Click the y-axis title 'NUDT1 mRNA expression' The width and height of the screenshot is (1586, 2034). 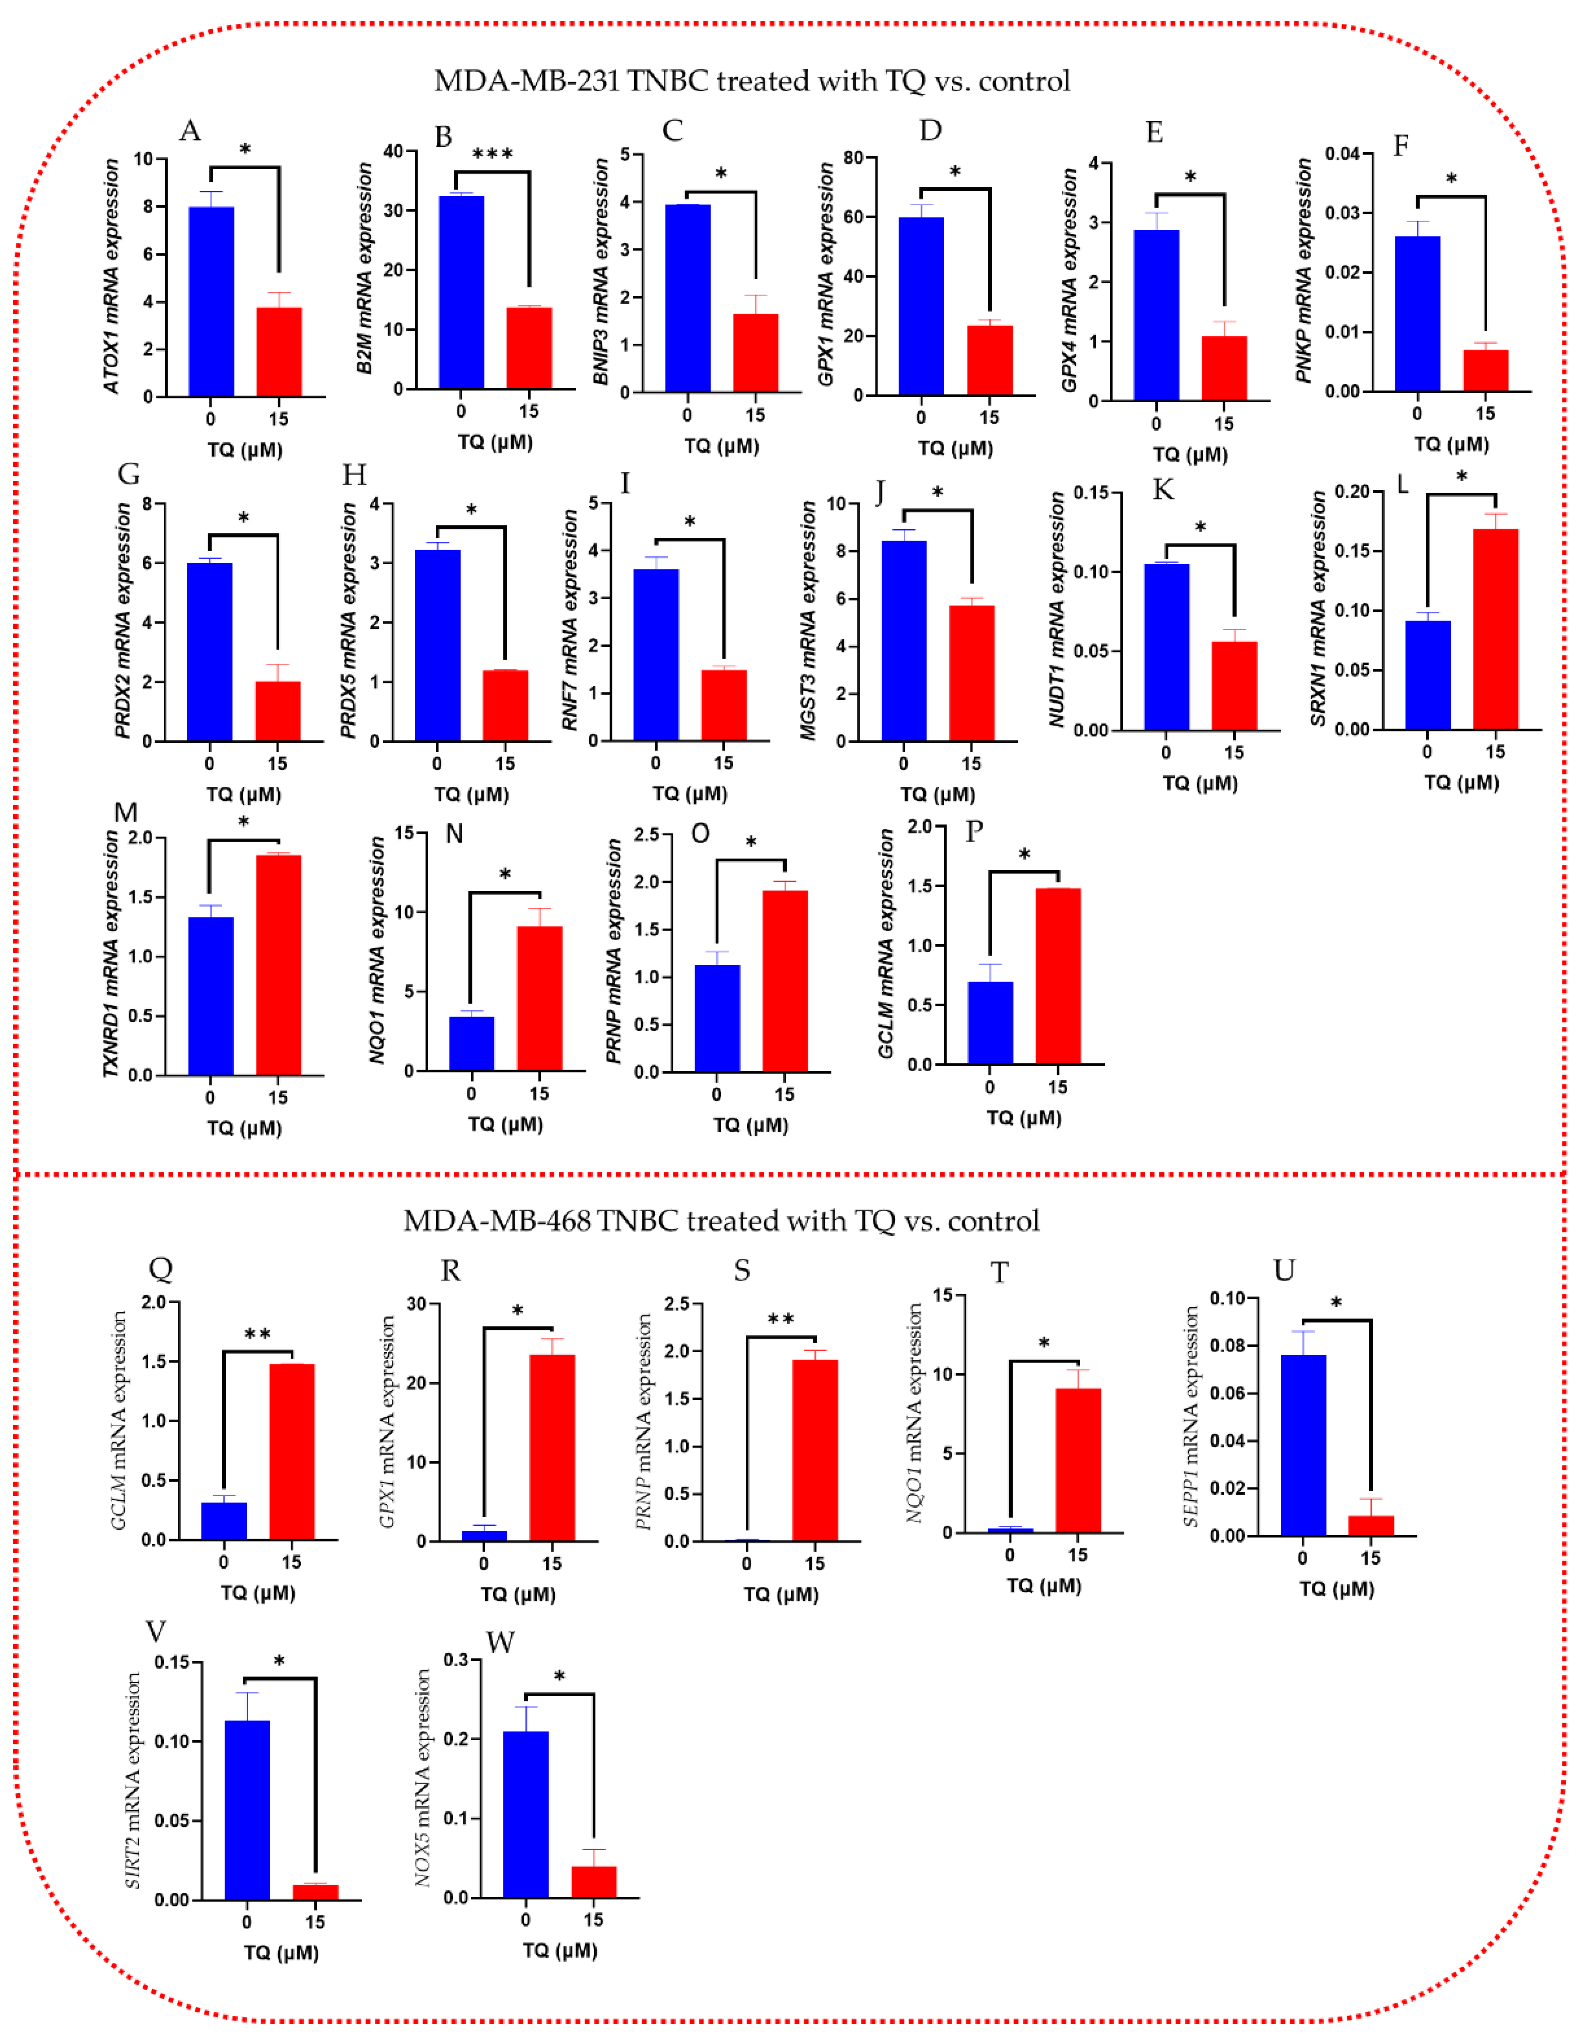click(x=1056, y=610)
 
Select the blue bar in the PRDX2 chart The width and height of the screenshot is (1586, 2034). click(x=210, y=652)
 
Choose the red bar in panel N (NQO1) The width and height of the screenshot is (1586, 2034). click(x=539, y=998)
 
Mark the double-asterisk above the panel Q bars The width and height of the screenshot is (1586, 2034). click(x=257, y=1335)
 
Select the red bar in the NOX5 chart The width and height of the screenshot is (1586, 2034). click(x=593, y=1881)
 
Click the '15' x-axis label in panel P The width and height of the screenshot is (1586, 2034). click(x=1057, y=1087)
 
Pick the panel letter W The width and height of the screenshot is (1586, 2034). click(x=500, y=1642)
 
